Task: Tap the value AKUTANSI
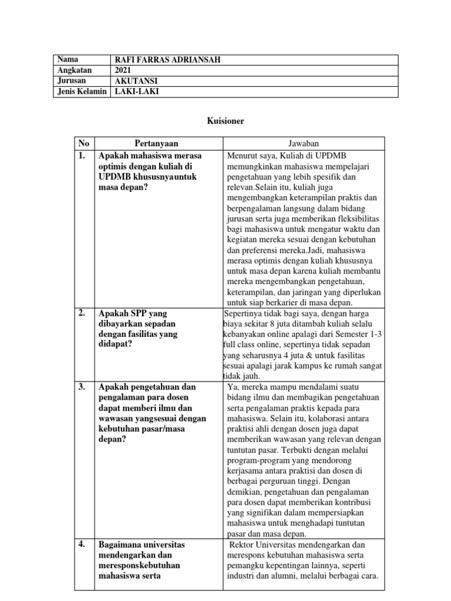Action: (x=136, y=81)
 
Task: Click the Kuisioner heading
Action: (x=225, y=121)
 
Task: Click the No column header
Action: (x=84, y=144)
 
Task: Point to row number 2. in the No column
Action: (x=82, y=313)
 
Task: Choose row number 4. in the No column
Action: (x=82, y=545)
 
